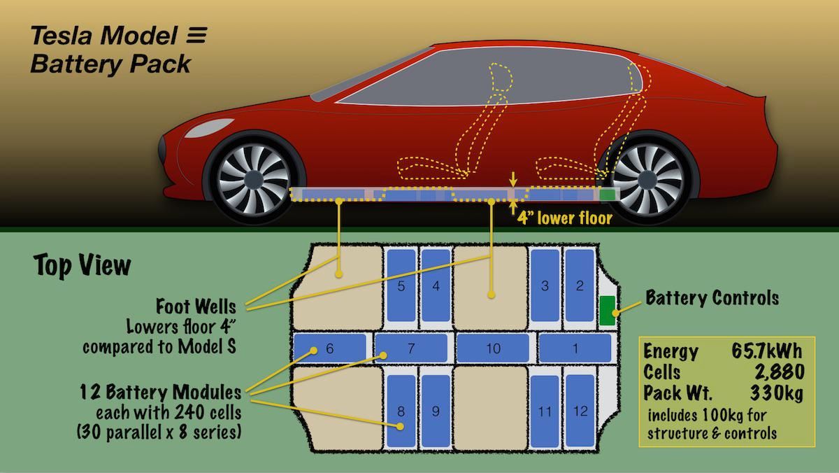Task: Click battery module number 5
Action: coord(401,285)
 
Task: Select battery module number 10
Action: coord(493,348)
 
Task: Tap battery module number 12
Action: coord(580,411)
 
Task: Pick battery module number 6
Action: coord(330,348)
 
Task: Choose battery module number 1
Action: coord(575,348)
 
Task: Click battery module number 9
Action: coord(436,411)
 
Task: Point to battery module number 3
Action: coord(545,285)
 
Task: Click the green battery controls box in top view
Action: coord(607,311)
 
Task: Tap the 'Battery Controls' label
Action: coord(712,298)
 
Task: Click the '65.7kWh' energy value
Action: coord(767,351)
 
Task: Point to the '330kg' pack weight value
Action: coord(777,393)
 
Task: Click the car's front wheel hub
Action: coord(254,178)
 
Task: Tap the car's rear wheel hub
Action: coord(647,180)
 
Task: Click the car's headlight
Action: coord(209,127)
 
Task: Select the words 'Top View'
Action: coord(83,265)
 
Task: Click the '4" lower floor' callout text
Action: coord(565,218)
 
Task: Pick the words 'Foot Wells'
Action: coord(196,306)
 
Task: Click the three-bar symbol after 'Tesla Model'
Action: coord(196,35)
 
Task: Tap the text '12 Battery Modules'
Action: coord(161,393)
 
